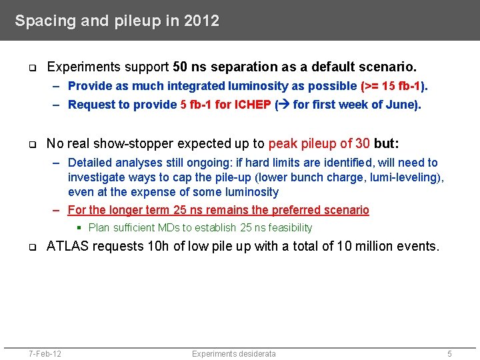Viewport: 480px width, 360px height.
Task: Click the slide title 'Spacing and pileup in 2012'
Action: [117, 21]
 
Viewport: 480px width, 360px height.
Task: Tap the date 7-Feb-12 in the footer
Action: [45, 353]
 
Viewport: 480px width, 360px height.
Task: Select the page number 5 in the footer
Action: [449, 353]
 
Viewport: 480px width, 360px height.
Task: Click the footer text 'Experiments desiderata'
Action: [233, 353]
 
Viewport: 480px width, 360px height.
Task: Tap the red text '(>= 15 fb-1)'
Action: [393, 86]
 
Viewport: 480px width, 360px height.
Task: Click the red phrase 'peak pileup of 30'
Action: [319, 144]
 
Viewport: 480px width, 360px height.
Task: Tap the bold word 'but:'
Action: [386, 144]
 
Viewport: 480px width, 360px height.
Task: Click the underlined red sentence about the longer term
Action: [219, 210]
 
